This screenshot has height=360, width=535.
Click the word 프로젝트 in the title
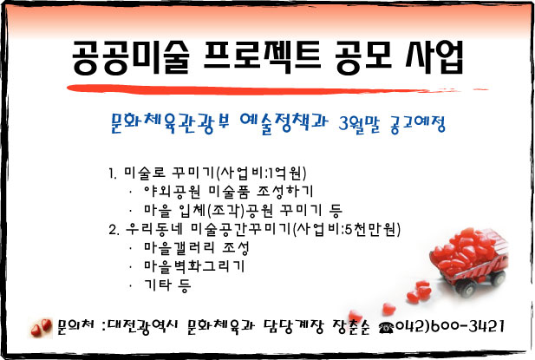(x=262, y=57)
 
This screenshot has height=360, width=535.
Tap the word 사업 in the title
(x=434, y=57)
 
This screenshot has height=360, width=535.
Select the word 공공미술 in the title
(x=130, y=57)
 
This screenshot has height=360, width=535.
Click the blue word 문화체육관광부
(x=170, y=123)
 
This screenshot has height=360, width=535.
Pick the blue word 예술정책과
(x=284, y=123)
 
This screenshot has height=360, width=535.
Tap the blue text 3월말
(x=358, y=124)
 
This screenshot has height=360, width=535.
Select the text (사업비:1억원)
(x=261, y=173)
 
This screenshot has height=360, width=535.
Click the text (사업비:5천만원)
(x=346, y=229)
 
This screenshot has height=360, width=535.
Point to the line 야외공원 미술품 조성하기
(x=228, y=192)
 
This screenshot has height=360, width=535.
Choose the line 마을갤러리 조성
(x=196, y=248)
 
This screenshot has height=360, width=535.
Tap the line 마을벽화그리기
(x=194, y=266)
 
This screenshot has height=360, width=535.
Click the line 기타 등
(x=167, y=285)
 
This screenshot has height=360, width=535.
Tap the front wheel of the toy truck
(x=466, y=289)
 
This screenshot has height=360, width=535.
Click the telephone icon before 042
(x=386, y=328)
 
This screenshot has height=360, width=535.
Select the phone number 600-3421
(x=467, y=326)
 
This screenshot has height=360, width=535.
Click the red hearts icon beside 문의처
(x=41, y=328)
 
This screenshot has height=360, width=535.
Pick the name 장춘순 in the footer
(x=351, y=327)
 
